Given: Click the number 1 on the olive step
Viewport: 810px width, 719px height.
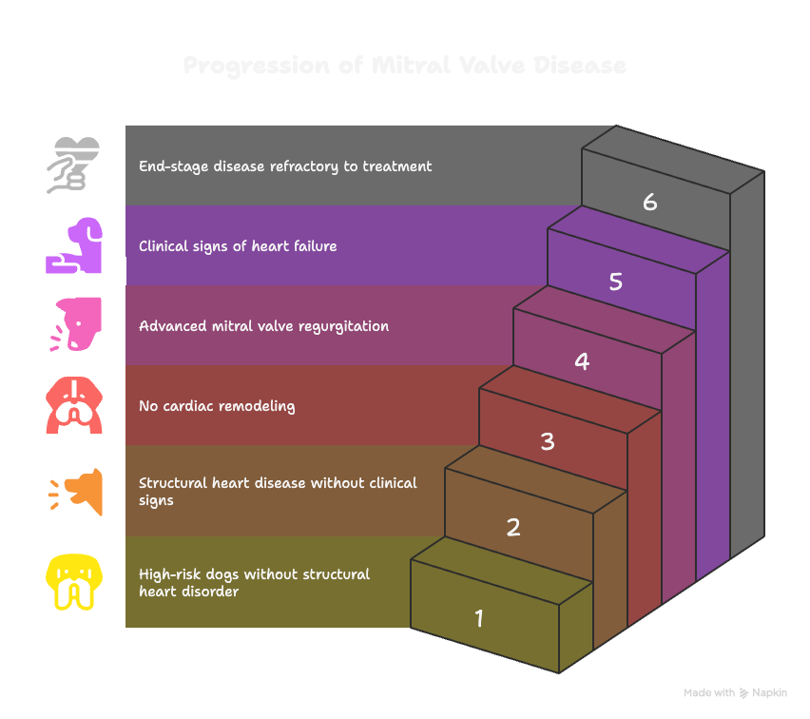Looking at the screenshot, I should point(479,619).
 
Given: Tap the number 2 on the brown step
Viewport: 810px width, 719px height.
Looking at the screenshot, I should point(513,527).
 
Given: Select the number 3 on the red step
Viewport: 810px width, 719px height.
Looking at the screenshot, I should point(548,441).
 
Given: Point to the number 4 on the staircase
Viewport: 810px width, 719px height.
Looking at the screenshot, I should point(582,361).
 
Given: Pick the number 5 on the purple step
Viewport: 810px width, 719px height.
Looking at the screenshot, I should point(616,282).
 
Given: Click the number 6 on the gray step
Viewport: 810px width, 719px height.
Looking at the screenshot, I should point(650,202).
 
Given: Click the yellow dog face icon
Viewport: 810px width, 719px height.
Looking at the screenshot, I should point(73,582).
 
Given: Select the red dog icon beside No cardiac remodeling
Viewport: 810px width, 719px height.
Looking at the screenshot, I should point(73,406).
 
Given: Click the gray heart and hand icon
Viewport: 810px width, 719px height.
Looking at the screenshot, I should point(73,165).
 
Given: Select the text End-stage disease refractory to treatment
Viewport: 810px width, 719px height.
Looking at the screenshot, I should point(285,166).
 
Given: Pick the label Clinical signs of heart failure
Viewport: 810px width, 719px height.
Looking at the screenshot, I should point(238,246).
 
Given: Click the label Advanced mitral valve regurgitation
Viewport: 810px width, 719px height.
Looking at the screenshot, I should point(263,326).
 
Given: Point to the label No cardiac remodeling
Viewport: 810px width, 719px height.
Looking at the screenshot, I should point(217,406).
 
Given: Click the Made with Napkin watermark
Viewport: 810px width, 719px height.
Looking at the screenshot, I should point(735,692).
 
